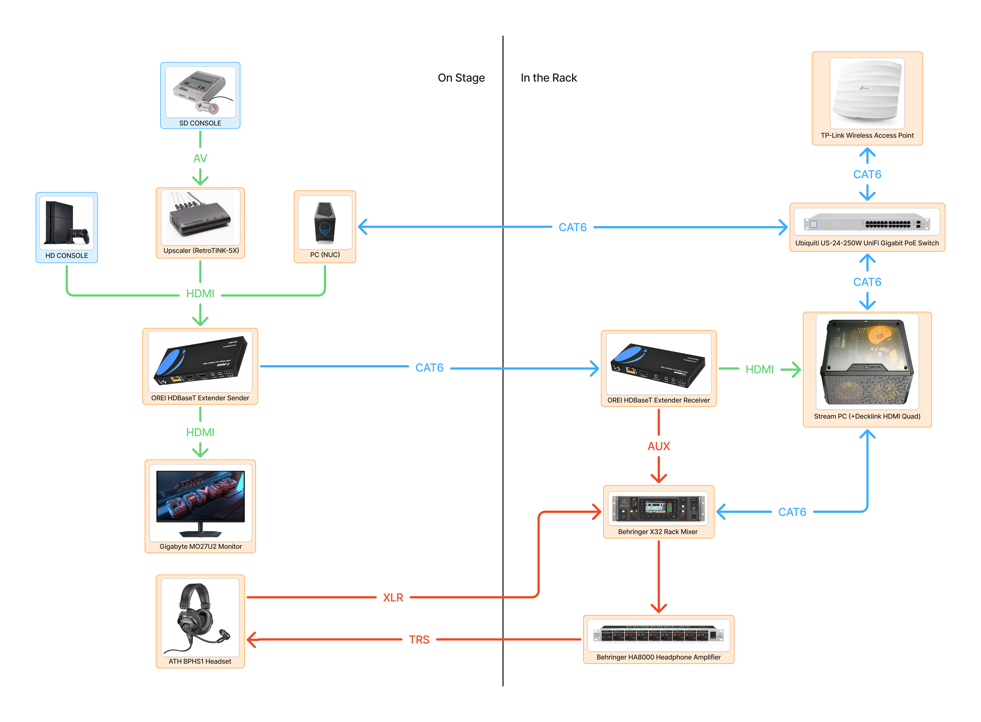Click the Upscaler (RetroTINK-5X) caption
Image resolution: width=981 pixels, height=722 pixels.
201,250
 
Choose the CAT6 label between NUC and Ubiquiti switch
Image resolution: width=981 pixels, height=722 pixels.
572,227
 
